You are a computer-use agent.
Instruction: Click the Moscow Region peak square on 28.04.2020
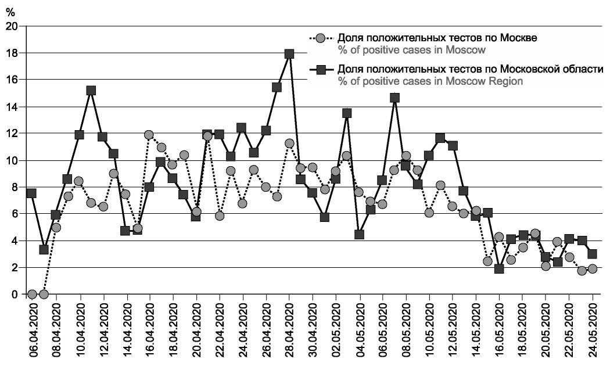pyautogui.click(x=289, y=53)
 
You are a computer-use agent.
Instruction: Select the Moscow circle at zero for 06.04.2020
pyautogui.click(x=32, y=294)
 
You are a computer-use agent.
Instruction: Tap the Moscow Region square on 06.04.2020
pyautogui.click(x=32, y=193)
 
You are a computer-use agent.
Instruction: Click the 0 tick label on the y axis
pyautogui.click(x=15, y=295)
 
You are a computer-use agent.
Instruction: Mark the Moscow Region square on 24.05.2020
pyautogui.click(x=592, y=254)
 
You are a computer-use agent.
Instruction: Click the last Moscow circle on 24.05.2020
pyautogui.click(x=592, y=268)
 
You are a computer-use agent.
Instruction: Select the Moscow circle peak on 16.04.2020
pyautogui.click(x=149, y=135)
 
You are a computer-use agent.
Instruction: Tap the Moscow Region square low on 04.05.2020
pyautogui.click(x=359, y=235)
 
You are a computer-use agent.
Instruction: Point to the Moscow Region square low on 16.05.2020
pyautogui.click(x=499, y=268)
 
